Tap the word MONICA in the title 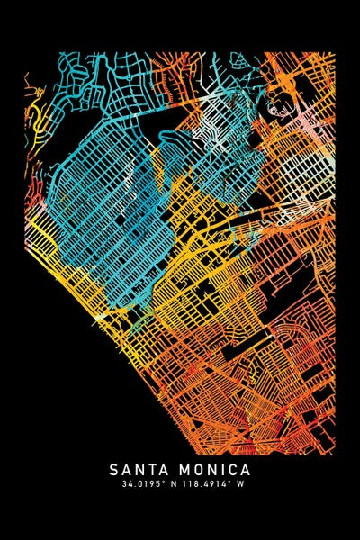point(214,470)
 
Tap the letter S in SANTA point(114,470)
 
